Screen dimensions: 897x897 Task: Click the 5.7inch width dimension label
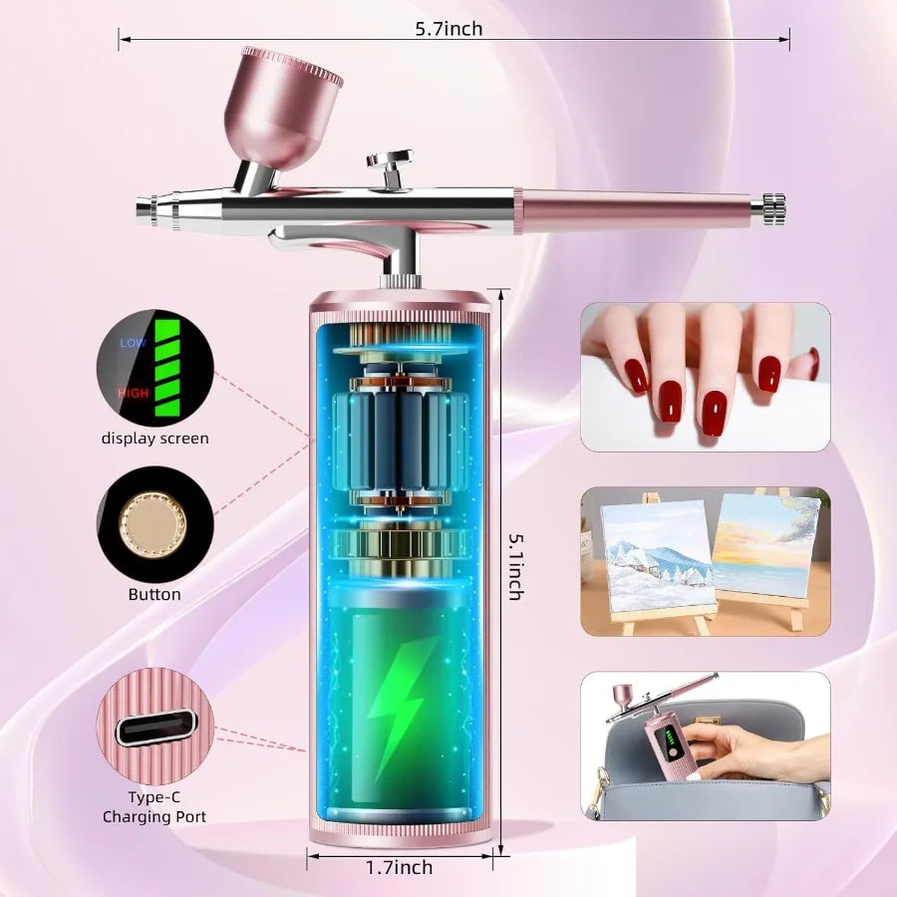(448, 29)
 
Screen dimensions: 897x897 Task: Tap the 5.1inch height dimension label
(516, 567)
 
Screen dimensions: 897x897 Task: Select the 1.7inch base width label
(400, 867)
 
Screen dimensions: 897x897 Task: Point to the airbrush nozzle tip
(141, 206)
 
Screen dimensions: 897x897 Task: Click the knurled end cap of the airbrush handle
(773, 209)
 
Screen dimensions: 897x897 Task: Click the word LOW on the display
(133, 343)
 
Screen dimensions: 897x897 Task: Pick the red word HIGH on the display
(134, 393)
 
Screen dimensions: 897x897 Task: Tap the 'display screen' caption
(155, 439)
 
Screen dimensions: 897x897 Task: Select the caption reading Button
(154, 594)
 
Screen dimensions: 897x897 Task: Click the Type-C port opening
(155, 728)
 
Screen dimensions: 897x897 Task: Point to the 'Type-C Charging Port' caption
(154, 806)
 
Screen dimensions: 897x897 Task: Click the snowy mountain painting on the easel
(658, 556)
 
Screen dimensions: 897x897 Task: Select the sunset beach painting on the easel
(767, 546)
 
